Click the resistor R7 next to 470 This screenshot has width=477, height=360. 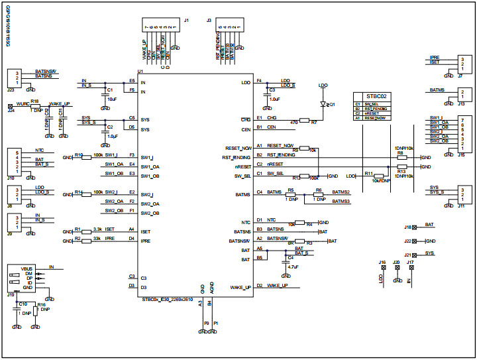(304, 121)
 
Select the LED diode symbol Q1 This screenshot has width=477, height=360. (323, 104)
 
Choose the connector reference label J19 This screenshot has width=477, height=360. (10, 294)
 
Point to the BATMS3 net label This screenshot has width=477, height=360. (341, 201)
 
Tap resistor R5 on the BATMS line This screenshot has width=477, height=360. (290, 195)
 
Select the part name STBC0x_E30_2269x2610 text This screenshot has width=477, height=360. (169, 299)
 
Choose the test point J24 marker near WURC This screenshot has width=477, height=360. (10, 105)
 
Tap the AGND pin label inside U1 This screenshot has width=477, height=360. (211, 289)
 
